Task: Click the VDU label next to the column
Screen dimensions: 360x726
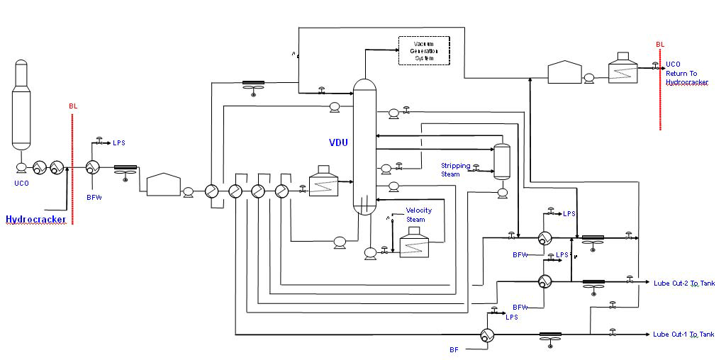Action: coord(338,142)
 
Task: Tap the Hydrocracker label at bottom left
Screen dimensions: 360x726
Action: coord(36,220)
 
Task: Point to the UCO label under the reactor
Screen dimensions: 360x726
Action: coord(22,183)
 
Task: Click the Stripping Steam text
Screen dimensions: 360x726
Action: coord(455,169)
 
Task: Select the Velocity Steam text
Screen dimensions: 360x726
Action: coord(418,215)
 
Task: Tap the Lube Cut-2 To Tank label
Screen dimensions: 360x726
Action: coord(683,283)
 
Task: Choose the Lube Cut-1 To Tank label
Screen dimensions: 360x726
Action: coord(683,334)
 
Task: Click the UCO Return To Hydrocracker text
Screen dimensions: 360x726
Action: coord(686,74)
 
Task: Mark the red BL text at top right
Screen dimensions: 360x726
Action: coord(660,45)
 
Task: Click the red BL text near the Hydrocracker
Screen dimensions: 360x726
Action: coord(73,106)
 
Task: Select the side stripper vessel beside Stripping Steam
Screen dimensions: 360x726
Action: coord(502,162)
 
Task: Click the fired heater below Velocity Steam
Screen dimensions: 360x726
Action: coord(418,244)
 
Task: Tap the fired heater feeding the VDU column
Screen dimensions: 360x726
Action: coord(324,181)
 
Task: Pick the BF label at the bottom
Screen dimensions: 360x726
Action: coord(454,349)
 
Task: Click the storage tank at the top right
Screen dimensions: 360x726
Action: coord(565,72)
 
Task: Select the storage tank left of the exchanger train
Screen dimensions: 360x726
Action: coord(164,184)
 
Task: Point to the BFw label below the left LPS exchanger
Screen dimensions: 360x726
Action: coord(94,197)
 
